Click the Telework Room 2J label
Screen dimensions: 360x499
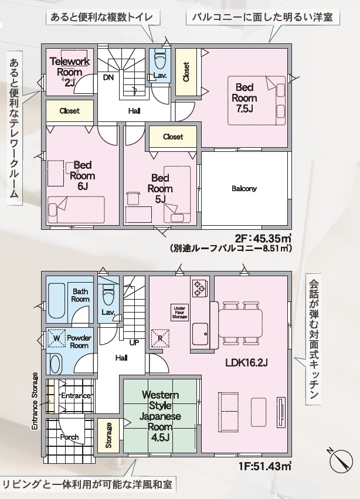click(70, 72)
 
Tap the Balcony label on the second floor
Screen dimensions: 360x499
click(244, 189)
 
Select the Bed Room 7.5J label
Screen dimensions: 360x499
click(244, 98)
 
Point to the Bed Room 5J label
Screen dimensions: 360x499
click(160, 188)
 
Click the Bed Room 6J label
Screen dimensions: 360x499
click(83, 176)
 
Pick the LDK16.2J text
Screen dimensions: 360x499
click(246, 362)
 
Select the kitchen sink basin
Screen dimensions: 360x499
click(201, 334)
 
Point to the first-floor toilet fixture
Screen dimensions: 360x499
click(108, 295)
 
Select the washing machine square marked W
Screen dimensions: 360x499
click(56, 338)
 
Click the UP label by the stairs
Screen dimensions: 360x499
click(134, 343)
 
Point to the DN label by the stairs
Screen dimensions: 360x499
click(108, 77)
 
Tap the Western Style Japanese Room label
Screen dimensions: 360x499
click(161, 416)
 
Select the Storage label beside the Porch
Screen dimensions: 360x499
click(108, 435)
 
